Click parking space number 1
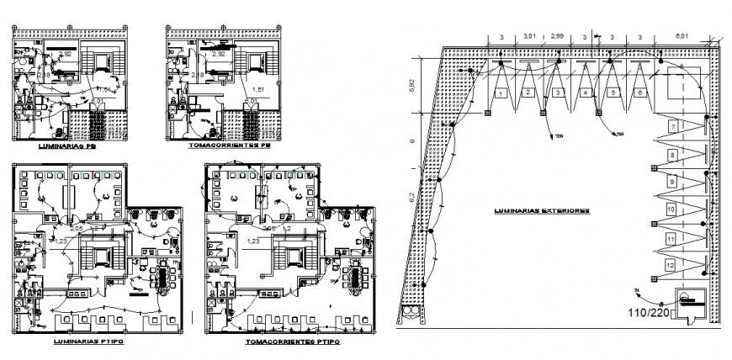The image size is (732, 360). [x=501, y=93]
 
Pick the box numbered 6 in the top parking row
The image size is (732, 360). [x=640, y=93]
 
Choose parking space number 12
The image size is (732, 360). [x=670, y=266]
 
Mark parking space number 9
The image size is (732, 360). [x=671, y=182]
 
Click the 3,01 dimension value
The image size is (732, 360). [x=530, y=37]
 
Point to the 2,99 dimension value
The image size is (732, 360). [x=557, y=37]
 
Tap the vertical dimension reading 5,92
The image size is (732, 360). [x=412, y=86]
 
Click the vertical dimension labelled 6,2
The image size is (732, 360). [x=411, y=202]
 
